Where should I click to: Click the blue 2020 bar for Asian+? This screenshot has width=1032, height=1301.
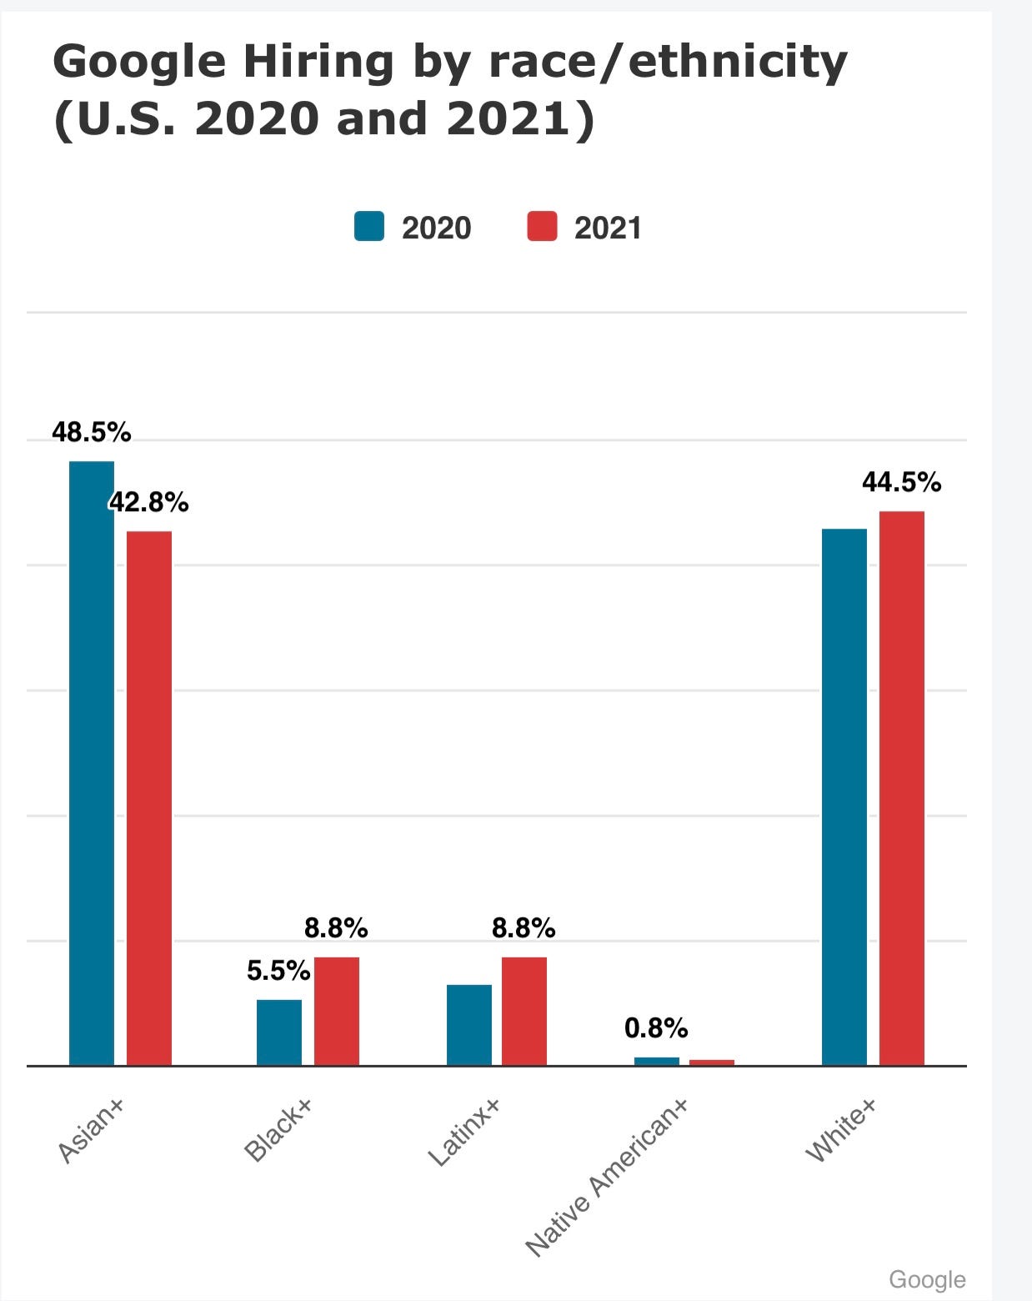(92, 762)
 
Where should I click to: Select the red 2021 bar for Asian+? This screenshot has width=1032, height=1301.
(149, 797)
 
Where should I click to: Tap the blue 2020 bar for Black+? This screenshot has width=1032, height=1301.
(279, 1032)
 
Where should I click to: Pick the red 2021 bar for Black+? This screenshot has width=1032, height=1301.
(337, 1011)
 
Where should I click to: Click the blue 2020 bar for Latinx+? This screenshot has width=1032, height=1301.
(469, 1024)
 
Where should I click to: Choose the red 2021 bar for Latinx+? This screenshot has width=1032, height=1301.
(524, 1011)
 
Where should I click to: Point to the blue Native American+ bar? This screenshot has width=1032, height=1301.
(657, 1061)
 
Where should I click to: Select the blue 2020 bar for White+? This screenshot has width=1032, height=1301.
(844, 796)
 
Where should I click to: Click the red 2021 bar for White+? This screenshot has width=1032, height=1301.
(902, 787)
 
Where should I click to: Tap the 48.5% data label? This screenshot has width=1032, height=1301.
(92, 432)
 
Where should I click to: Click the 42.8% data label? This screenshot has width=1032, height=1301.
(149, 502)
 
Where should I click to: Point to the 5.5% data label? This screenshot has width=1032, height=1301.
(278, 971)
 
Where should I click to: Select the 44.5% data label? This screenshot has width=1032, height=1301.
(902, 482)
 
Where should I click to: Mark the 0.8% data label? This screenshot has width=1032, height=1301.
(656, 1028)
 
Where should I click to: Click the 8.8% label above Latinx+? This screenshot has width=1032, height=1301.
(524, 927)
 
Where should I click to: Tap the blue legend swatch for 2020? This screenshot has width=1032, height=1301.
(369, 227)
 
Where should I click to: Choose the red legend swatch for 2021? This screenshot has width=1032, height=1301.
(542, 227)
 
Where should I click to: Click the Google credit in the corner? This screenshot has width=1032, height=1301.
(927, 1279)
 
